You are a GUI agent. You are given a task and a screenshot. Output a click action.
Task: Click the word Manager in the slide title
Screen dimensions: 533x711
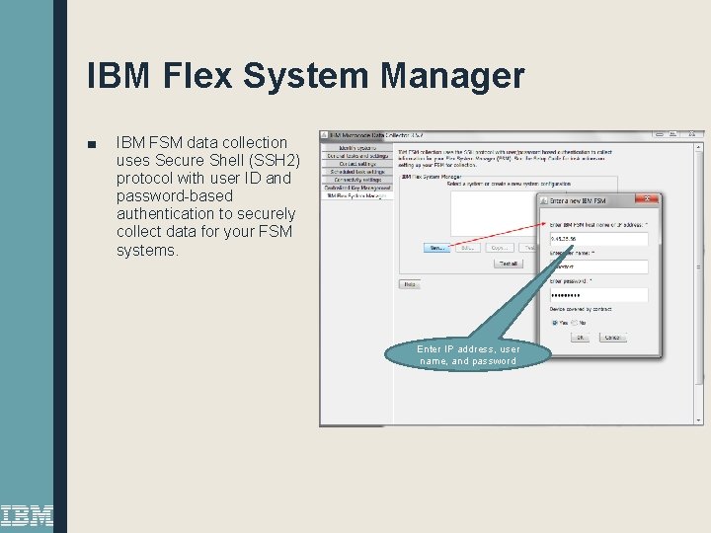tap(450, 76)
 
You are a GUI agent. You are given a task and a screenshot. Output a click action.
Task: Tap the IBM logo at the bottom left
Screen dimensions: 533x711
tap(27, 515)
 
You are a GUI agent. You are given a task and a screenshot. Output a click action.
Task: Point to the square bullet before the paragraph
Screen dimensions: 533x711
tap(92, 144)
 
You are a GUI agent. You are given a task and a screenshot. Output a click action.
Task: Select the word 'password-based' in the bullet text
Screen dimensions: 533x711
tap(174, 195)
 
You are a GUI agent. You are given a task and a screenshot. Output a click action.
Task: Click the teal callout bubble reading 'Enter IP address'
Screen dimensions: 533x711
tap(468, 354)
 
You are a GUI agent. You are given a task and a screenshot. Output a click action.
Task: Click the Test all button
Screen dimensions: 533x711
tap(508, 264)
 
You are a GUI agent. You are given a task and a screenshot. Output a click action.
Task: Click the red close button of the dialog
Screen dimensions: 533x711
tap(649, 199)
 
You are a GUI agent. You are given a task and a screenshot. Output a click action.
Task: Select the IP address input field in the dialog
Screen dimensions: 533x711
tap(598, 239)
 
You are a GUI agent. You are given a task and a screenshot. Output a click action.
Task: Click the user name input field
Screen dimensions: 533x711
tap(598, 266)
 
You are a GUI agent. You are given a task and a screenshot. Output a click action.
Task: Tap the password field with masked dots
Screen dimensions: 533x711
tap(598, 294)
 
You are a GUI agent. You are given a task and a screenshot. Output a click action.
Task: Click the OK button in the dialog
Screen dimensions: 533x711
tap(581, 338)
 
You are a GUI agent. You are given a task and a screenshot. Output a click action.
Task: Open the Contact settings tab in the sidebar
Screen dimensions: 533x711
tap(356, 163)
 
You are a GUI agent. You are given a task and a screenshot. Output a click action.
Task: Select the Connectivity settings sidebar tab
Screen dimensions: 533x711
tap(356, 179)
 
